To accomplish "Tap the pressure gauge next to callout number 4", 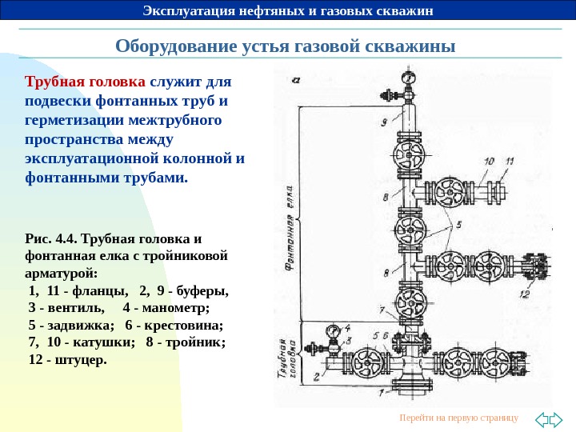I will coord(332,330).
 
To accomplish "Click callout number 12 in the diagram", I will coord(525,294).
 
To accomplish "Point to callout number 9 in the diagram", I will coord(385,122).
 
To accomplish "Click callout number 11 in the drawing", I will coord(508,162).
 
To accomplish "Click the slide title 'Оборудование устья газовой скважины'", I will coord(286,46).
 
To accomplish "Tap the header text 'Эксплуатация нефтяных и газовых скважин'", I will coord(287,10).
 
